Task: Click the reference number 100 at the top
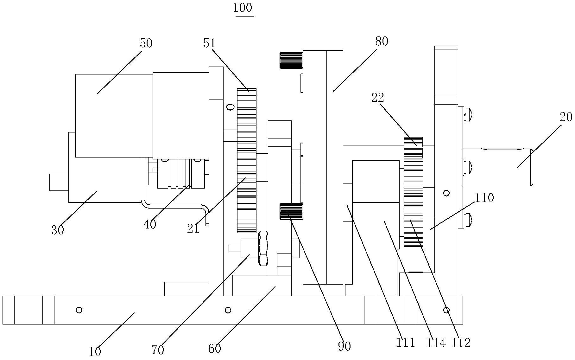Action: (x=243, y=8)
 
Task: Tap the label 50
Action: (x=146, y=43)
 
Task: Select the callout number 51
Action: (x=209, y=43)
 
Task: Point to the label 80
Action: (x=381, y=41)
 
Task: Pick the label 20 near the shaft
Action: (x=566, y=117)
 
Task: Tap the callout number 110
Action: (x=484, y=198)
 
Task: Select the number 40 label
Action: (x=150, y=224)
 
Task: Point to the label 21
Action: (x=193, y=228)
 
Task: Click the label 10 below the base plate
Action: (x=95, y=351)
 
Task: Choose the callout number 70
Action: (x=158, y=350)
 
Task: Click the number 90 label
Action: (x=344, y=346)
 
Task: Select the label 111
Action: (x=406, y=343)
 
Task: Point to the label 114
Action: (x=436, y=343)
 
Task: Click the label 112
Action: (x=461, y=343)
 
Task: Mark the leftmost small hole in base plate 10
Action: (x=79, y=310)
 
